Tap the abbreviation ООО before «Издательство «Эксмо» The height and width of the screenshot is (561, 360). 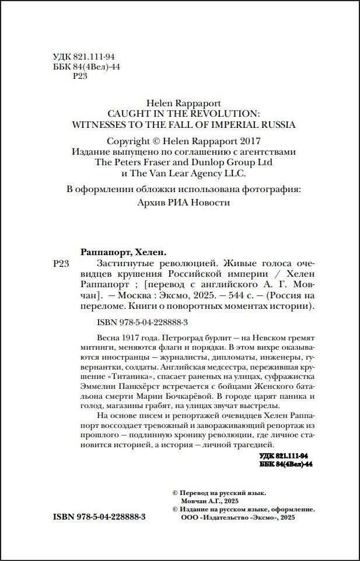pos(190,518)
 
